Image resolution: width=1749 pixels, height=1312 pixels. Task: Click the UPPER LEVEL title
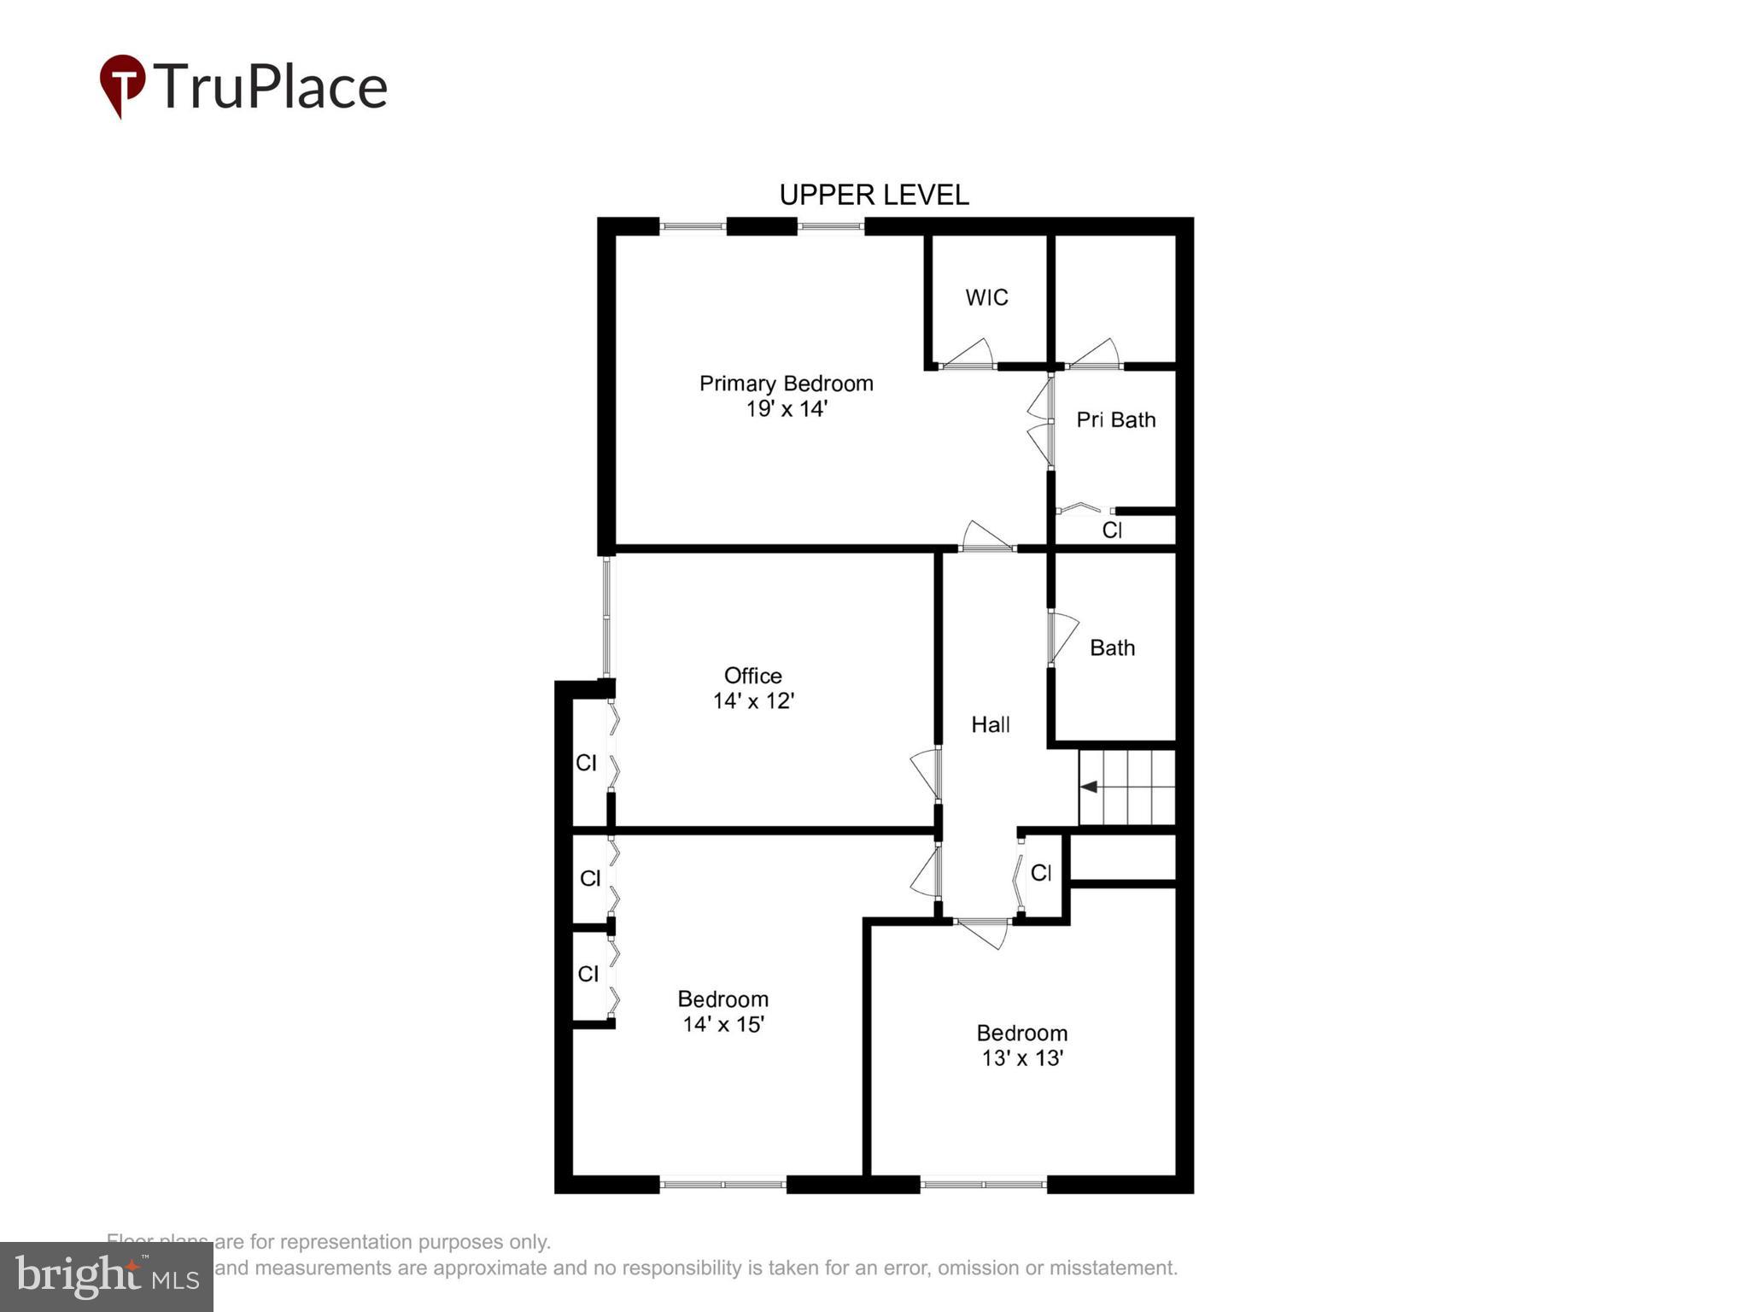click(874, 196)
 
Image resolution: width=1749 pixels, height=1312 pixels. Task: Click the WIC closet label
click(986, 297)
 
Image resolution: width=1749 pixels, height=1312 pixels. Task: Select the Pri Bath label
click(1115, 419)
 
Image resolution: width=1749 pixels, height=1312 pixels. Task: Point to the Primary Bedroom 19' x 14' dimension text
click(787, 408)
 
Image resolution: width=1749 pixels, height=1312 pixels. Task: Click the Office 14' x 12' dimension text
click(753, 700)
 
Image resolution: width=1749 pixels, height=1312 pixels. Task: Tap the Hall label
click(991, 724)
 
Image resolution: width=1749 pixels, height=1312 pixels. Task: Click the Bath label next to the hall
click(1112, 647)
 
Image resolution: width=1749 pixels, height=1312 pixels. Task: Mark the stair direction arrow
click(1091, 787)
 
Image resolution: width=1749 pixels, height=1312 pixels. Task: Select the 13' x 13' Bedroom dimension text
click(1021, 1057)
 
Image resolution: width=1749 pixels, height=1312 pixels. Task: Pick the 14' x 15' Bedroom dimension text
click(722, 1023)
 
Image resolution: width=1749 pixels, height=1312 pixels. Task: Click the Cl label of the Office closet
click(586, 762)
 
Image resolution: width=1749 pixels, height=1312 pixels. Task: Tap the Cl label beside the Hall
click(1040, 872)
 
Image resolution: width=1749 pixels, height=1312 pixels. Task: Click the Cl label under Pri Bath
click(1111, 530)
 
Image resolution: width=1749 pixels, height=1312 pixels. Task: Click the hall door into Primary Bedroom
click(987, 538)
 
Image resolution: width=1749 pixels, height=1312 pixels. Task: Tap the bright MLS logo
click(107, 1276)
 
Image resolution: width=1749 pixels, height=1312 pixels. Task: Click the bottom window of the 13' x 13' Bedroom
click(983, 1184)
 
